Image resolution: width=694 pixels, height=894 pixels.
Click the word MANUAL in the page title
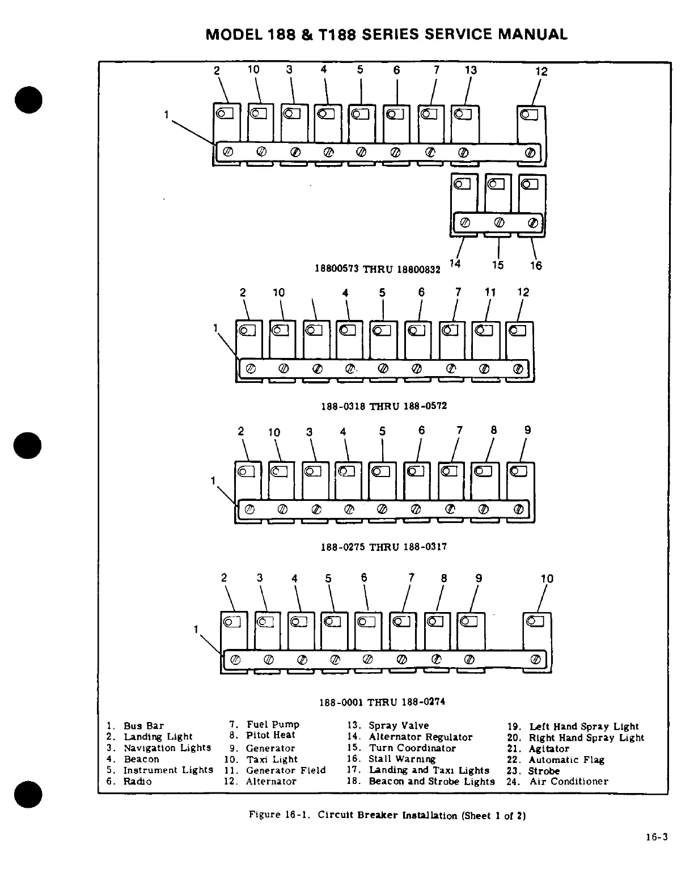[x=532, y=35]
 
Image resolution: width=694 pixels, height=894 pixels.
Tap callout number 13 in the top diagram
[x=471, y=70]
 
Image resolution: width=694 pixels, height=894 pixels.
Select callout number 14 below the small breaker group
[x=455, y=263]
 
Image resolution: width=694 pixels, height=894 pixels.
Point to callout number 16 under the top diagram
[x=536, y=265]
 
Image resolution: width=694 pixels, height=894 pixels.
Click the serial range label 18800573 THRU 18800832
[x=377, y=269]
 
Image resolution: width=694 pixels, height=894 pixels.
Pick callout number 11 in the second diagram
[x=490, y=292]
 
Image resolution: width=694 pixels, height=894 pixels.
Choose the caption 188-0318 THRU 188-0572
[x=384, y=406]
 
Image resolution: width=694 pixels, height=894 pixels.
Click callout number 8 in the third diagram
[x=494, y=430]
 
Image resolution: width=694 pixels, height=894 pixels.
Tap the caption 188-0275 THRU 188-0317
[x=384, y=547]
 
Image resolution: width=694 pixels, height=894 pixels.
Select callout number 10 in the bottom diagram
[x=547, y=579]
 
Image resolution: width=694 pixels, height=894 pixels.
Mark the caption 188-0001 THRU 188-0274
[x=382, y=702]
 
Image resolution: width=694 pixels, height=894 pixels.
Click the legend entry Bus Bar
[x=143, y=726]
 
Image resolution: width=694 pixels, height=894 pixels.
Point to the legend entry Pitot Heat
[x=270, y=735]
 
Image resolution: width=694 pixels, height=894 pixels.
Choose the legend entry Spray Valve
[x=399, y=726]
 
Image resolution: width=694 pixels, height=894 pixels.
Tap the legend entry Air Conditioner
[x=569, y=781]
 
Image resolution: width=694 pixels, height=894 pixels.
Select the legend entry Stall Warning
[x=402, y=759]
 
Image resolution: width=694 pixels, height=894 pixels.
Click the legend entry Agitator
[x=549, y=749]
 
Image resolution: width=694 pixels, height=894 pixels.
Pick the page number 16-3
[x=657, y=837]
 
